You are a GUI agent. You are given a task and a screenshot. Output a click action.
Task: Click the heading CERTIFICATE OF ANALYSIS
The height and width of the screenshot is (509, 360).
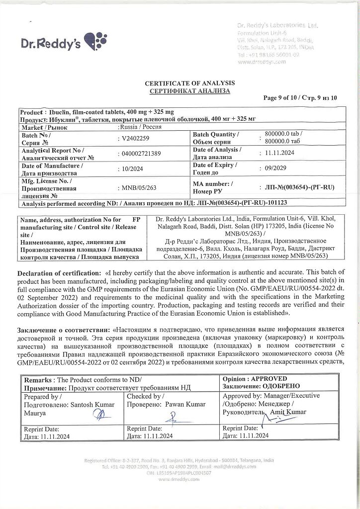pyautogui.click(x=189, y=84)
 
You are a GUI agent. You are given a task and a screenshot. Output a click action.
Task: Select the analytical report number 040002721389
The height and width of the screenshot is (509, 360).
pyautogui.click(x=141, y=154)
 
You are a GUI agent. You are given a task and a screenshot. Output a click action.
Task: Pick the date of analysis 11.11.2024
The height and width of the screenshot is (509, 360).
pyautogui.click(x=279, y=153)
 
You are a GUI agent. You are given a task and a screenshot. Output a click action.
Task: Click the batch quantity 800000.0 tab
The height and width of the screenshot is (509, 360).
pyautogui.click(x=283, y=134)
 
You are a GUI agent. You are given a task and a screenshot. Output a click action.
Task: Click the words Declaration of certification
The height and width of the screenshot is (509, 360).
pyautogui.click(x=59, y=273)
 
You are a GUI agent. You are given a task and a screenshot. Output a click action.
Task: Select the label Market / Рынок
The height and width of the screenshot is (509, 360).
pyautogui.click(x=44, y=127)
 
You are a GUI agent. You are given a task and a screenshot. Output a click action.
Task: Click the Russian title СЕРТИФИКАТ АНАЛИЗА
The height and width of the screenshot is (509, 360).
pyautogui.click(x=189, y=91)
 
